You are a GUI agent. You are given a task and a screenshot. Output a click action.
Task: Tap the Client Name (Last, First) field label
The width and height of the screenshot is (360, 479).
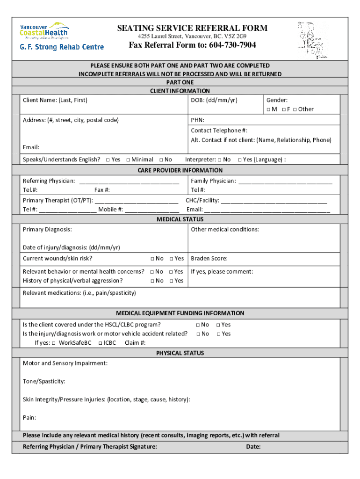point(55,100)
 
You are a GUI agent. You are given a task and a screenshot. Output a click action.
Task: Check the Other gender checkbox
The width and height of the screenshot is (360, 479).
point(295,109)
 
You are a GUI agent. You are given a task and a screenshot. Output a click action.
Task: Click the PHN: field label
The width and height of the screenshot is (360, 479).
point(197,120)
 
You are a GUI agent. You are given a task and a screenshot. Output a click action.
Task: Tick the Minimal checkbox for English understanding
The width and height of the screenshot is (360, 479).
point(128,160)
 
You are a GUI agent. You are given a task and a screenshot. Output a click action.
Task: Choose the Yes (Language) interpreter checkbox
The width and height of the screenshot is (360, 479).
point(239,160)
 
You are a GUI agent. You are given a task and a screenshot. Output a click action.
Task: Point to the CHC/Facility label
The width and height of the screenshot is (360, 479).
point(202,201)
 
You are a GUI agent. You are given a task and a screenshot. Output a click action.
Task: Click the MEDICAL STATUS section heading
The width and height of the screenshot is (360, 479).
point(180,219)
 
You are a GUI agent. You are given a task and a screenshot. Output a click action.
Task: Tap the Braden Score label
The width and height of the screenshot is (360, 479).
point(209,259)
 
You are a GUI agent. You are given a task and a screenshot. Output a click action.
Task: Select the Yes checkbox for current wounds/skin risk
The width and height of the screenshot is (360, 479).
point(172,259)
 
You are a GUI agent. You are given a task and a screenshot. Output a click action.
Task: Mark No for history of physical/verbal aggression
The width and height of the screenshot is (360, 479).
point(152,281)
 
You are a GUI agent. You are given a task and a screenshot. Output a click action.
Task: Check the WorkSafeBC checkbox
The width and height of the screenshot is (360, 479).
point(54,343)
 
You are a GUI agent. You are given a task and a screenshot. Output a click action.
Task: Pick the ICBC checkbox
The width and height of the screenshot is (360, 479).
point(101,343)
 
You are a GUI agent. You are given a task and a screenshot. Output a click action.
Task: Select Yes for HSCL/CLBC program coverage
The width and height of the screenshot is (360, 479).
point(218,325)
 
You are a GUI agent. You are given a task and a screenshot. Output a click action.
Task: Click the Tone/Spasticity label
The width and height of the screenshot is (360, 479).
point(44,382)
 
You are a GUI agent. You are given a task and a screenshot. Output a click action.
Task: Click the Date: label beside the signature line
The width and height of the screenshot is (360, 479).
point(253,447)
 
